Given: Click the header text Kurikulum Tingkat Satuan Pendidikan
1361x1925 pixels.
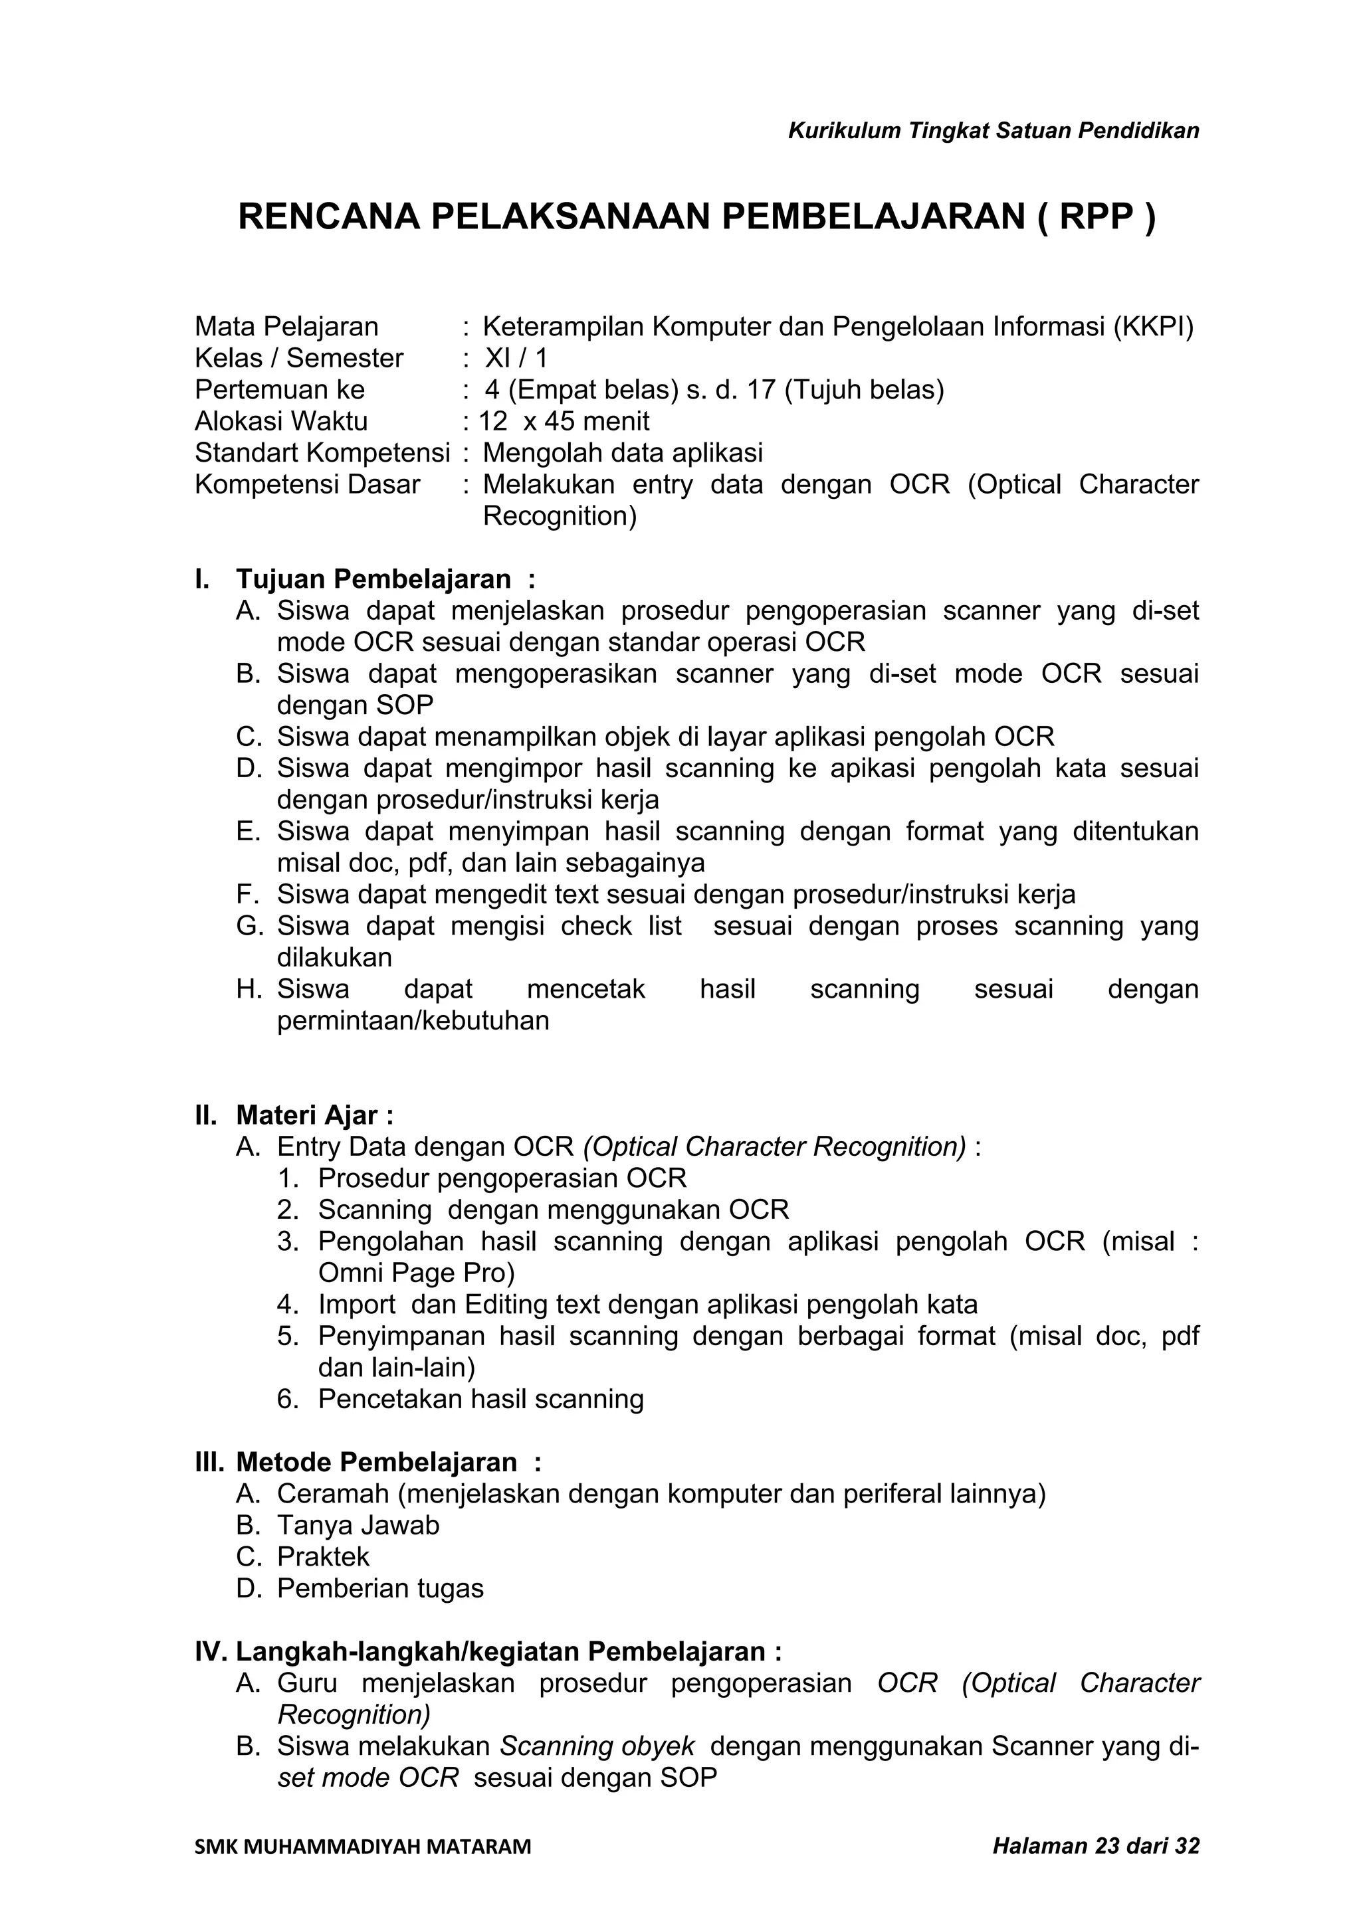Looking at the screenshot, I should click(994, 131).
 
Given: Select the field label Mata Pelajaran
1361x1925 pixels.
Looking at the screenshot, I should click(286, 326).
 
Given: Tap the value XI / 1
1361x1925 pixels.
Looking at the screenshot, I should click(516, 358).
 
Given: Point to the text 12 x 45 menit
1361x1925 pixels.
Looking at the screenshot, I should click(564, 421).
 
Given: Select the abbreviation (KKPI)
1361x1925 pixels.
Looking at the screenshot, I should click(1154, 326).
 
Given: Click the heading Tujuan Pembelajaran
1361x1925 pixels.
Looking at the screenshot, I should click(373, 579).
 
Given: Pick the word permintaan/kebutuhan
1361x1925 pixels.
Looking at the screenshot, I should click(413, 1020).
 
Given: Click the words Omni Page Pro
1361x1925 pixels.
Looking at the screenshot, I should click(416, 1273).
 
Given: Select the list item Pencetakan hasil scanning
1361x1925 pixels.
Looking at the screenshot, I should click(480, 1398).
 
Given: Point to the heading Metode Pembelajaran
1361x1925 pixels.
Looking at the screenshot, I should click(377, 1462).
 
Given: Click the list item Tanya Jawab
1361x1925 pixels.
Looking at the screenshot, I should click(358, 1525).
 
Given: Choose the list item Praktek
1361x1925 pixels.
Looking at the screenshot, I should click(323, 1557).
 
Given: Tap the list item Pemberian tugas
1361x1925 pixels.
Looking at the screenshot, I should click(380, 1589).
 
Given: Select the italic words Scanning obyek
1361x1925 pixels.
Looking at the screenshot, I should click(597, 1746).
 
